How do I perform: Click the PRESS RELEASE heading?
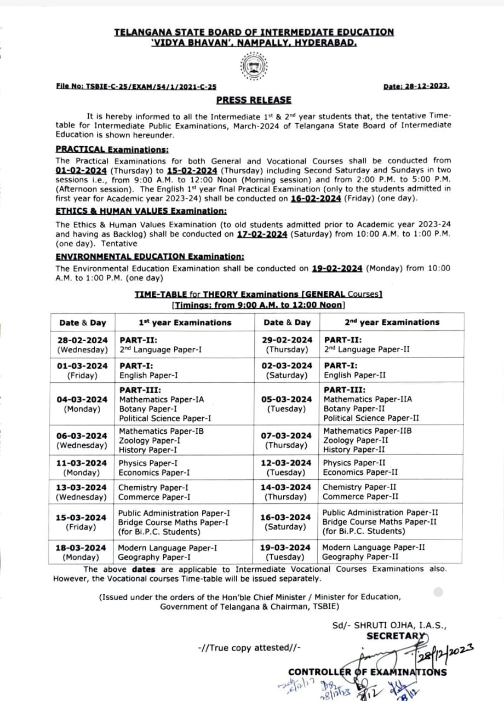point(254,100)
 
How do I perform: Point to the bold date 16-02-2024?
point(316,198)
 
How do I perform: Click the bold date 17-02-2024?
point(262,234)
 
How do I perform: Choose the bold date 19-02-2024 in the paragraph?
point(337,268)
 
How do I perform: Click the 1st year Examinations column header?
point(185,323)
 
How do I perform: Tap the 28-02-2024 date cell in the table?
point(82,340)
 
